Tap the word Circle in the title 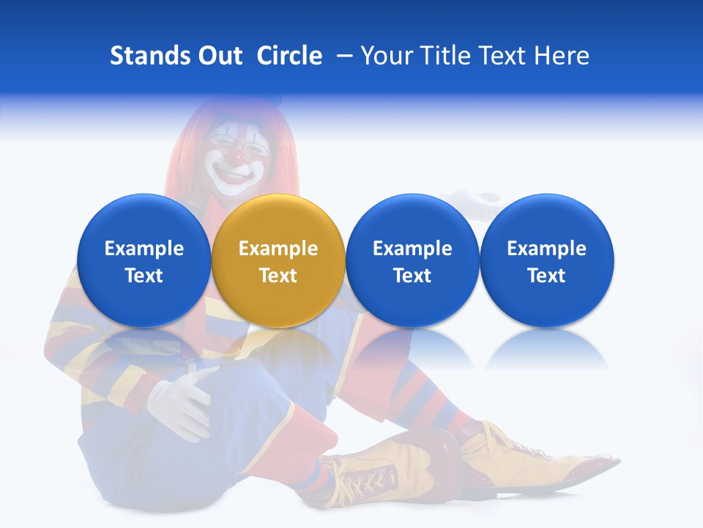point(289,56)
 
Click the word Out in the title point(219,56)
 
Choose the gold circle point(278,260)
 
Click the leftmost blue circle point(144,260)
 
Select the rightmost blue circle point(546,260)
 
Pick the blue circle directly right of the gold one point(412,260)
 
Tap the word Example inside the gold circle point(278,249)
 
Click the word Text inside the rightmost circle point(546,276)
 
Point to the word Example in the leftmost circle point(144,249)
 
